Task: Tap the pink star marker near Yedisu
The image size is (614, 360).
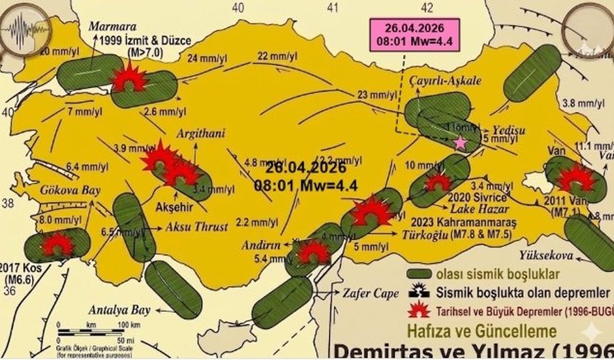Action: point(460,142)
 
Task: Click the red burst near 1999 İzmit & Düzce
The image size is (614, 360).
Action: point(129,76)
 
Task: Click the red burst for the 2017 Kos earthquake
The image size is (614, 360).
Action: point(56,244)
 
